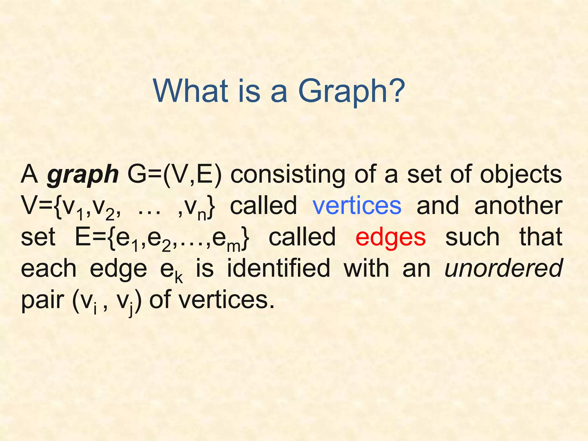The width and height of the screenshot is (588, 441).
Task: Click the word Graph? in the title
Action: [351, 91]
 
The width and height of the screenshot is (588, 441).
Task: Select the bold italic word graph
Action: [83, 175]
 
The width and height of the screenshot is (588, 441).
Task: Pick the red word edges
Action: [390, 237]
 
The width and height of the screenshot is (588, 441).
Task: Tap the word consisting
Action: [288, 175]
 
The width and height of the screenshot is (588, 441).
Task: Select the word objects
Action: [521, 175]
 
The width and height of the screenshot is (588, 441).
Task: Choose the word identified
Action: [278, 268]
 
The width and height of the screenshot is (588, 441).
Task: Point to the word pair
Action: [42, 300]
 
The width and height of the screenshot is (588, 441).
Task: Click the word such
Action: [472, 237]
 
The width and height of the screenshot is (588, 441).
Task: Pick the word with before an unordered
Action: [366, 268]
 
